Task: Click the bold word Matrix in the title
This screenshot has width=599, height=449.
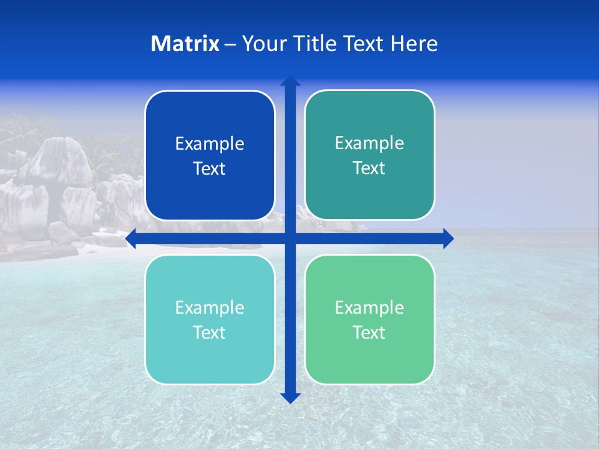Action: (x=185, y=44)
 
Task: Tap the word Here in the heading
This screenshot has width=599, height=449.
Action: (x=414, y=44)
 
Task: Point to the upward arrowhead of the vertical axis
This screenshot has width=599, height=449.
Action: (x=290, y=81)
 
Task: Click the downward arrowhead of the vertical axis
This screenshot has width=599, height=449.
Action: (x=290, y=397)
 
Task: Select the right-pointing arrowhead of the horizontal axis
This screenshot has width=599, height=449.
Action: (x=448, y=239)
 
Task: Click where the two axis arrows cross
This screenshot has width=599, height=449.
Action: (x=290, y=239)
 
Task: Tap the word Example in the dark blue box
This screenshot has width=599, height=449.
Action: (x=210, y=144)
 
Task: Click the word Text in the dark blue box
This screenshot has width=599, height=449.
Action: (x=210, y=168)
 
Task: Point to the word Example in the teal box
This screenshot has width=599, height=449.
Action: (x=369, y=143)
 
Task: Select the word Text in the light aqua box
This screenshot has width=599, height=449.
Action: (x=210, y=332)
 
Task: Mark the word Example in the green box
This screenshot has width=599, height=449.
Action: (x=369, y=307)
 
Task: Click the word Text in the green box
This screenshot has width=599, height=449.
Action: (x=369, y=332)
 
